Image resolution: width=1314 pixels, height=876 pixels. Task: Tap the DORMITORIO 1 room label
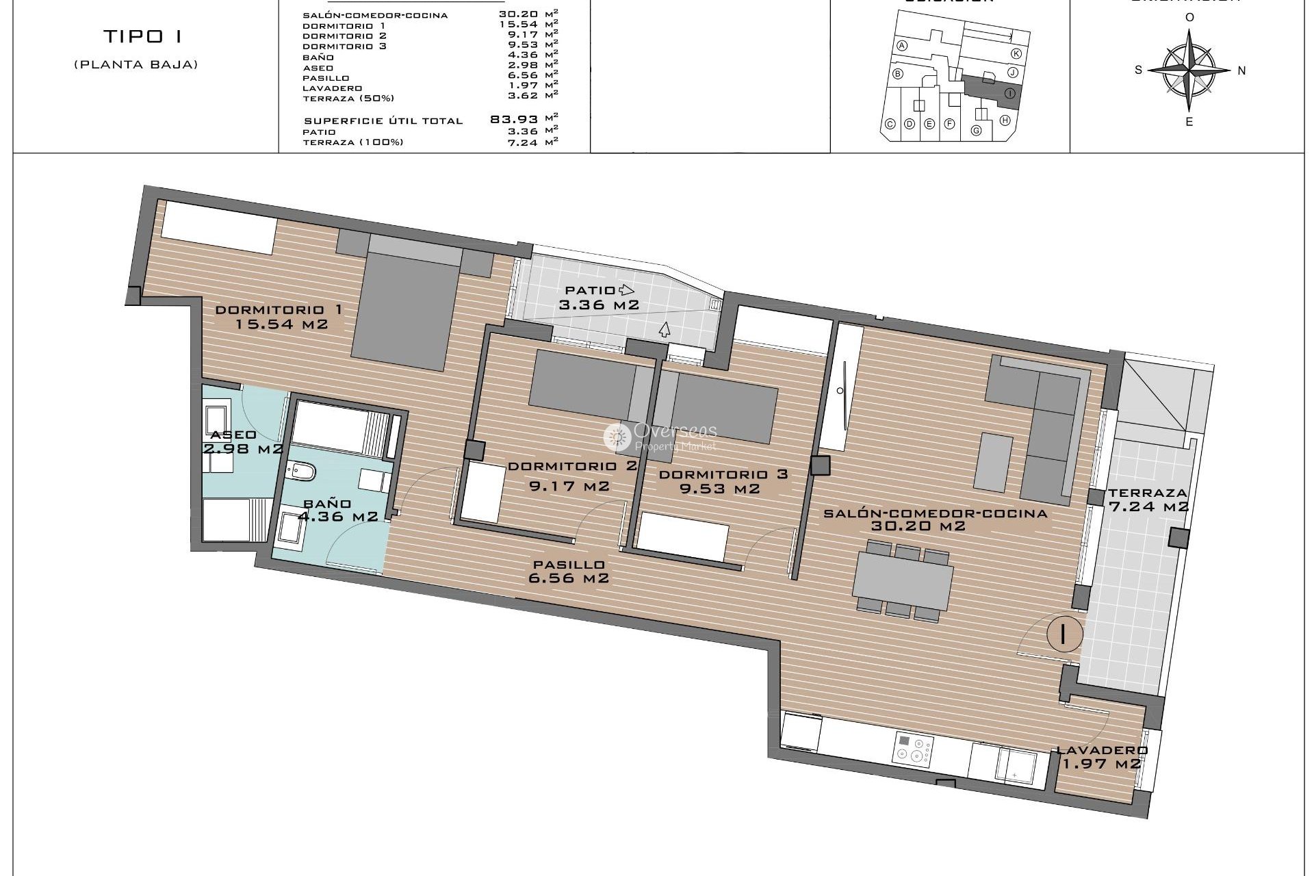click(x=279, y=317)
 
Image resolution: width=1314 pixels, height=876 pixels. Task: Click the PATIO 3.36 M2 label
click(x=598, y=298)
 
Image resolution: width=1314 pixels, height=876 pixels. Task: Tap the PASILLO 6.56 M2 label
click(x=569, y=571)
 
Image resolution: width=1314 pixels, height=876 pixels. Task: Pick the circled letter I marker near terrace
click(x=1064, y=634)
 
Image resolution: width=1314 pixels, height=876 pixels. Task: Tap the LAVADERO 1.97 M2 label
click(x=1101, y=757)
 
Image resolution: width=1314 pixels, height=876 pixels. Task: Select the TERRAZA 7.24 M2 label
click(x=1148, y=500)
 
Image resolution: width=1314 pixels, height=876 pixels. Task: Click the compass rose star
click(x=1189, y=69)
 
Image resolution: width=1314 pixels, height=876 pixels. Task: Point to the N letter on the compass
click(x=1241, y=70)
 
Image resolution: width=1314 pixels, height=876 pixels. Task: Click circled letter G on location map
click(x=977, y=130)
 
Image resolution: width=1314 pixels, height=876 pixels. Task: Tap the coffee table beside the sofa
click(x=994, y=462)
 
